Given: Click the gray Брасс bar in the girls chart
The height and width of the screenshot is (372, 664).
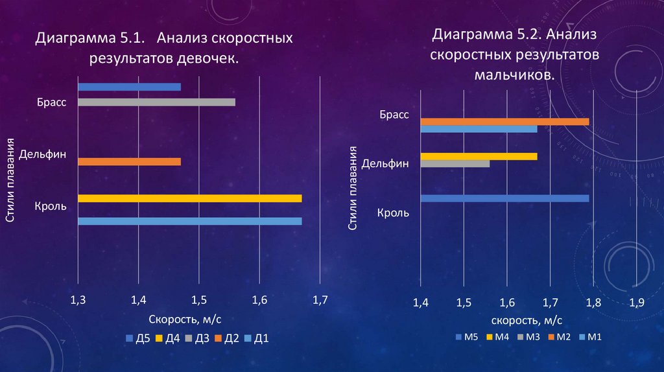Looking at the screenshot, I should click(156, 102).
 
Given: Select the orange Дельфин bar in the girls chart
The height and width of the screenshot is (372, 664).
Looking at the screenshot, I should click(129, 162).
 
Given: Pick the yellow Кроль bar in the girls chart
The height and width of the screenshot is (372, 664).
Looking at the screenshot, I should click(189, 198).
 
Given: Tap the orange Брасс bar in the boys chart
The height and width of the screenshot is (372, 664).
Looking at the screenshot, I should click(504, 121).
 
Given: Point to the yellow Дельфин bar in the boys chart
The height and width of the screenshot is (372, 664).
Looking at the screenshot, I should click(479, 156).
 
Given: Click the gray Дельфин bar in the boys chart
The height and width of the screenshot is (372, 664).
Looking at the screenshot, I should click(455, 163).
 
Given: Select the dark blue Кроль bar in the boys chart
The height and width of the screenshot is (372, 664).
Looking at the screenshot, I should click(504, 198).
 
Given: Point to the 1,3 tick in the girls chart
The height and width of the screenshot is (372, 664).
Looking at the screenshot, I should click(78, 300).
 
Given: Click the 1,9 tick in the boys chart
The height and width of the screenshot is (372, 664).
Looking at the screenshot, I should click(636, 302).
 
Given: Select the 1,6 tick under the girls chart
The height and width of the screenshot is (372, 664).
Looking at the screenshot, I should click(259, 300).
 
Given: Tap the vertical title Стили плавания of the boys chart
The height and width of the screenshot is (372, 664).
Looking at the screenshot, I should click(353, 188).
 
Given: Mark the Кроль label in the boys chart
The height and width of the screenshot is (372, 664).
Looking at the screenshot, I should click(393, 212).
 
